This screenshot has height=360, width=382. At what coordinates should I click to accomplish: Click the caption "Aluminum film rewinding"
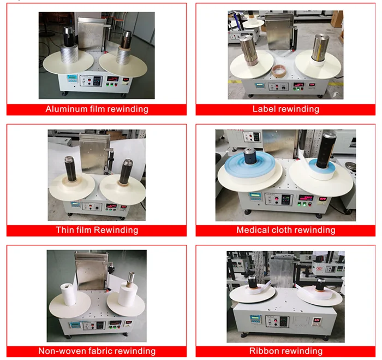(96, 109)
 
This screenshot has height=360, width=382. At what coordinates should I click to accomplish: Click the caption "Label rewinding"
(285, 109)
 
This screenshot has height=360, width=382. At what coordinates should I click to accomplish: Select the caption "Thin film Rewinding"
(96, 230)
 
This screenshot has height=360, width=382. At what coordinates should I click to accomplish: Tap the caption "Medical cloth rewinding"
(285, 230)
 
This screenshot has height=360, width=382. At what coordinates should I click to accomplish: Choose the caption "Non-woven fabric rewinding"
(96, 351)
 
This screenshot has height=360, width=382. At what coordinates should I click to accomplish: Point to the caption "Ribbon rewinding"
(285, 351)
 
